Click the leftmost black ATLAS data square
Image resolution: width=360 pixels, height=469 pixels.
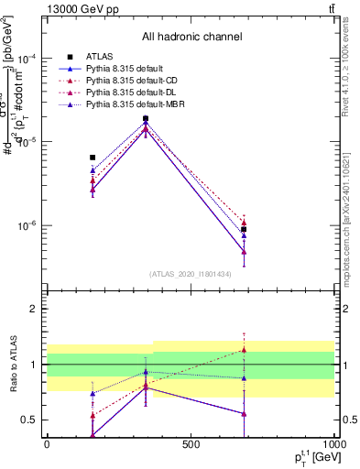93,158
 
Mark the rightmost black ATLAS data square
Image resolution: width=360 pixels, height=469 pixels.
244,230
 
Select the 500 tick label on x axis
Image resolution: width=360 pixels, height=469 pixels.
191,444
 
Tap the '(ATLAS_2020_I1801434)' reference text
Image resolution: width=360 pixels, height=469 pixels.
191,273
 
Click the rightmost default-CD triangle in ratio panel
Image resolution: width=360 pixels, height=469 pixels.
244,349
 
